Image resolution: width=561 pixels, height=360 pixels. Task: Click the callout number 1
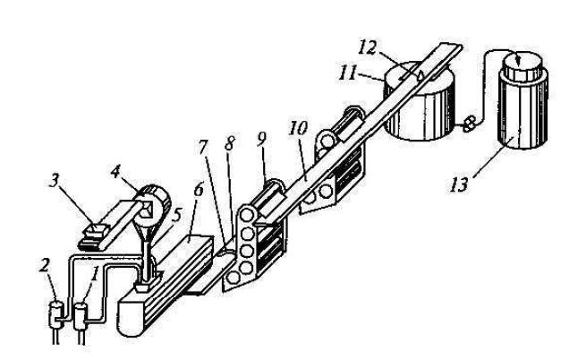95,275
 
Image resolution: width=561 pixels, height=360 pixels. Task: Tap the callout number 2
44,265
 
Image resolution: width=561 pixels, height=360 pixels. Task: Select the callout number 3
54,181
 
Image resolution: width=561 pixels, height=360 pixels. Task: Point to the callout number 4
115,172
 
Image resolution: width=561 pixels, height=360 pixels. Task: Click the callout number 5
175,215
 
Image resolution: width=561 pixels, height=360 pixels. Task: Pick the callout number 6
199,189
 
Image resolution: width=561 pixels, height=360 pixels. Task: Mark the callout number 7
203,147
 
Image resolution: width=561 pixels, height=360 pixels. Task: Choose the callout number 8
229,143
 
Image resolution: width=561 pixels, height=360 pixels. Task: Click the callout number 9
261,140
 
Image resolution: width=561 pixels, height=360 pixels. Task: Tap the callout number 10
298,128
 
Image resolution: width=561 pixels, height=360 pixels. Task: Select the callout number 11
348,73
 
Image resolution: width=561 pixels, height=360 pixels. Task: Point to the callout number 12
368,47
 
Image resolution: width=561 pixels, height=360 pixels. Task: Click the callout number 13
459,185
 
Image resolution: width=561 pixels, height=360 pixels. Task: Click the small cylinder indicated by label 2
56,314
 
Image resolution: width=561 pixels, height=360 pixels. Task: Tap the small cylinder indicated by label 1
81,316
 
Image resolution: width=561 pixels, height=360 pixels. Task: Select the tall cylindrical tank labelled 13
523,100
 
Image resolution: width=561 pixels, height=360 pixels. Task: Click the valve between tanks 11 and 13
469,124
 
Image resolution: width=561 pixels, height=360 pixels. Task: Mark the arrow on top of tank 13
518,59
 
